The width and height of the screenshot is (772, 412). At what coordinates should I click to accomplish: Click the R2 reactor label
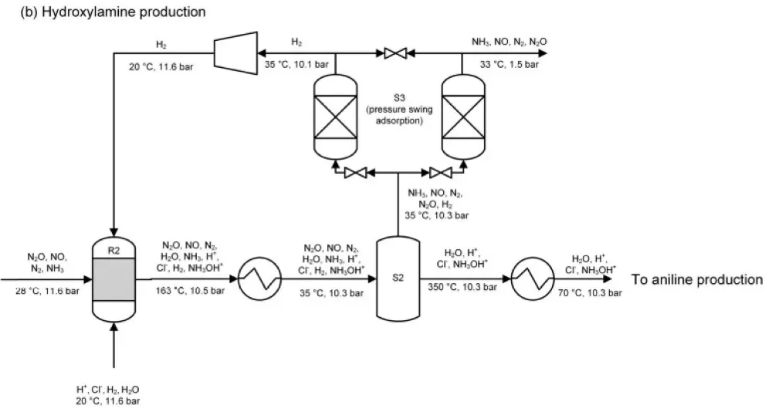point(114,250)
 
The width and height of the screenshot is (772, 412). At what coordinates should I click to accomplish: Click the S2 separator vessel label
point(398,279)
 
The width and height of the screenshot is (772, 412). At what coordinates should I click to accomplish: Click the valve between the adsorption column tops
point(397,53)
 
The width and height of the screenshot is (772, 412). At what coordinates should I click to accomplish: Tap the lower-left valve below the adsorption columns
point(357,172)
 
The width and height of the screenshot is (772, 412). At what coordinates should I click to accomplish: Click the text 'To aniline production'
point(697,279)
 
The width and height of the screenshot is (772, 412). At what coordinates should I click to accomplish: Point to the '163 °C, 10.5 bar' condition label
point(191,292)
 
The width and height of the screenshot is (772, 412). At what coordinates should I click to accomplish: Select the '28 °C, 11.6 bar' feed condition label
point(46,291)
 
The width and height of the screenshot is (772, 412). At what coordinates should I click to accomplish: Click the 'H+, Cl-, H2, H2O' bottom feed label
point(103,389)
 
